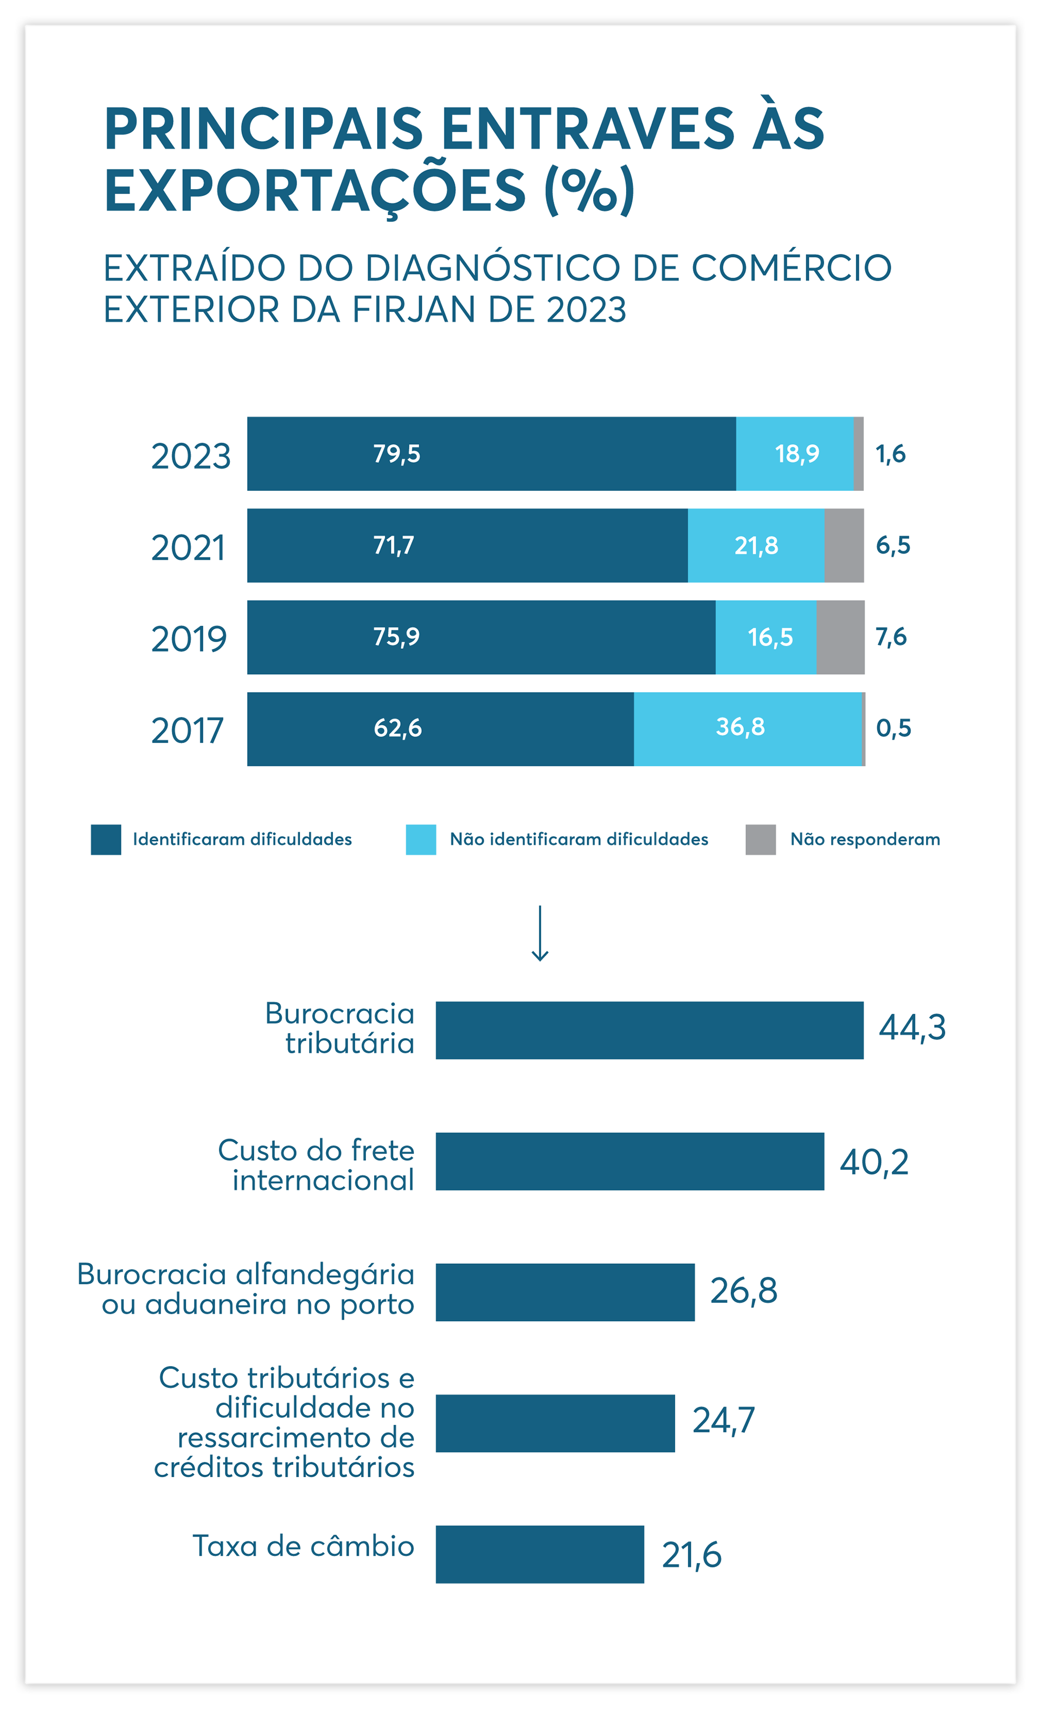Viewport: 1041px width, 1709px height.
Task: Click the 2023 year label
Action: [x=191, y=456]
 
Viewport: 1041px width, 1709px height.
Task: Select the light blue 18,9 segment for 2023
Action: [x=795, y=453]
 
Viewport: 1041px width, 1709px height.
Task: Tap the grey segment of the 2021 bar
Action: [x=844, y=545]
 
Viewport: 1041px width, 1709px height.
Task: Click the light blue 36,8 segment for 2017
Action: [x=747, y=728]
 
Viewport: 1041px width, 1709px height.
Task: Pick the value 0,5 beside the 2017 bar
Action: [x=894, y=727]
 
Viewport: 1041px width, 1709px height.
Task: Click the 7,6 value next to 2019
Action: [x=891, y=636]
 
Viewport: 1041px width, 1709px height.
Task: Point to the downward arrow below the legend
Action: [x=539, y=933]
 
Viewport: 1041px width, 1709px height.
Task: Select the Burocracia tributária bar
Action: [x=649, y=1030]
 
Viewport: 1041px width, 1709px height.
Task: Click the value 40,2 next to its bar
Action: [x=874, y=1162]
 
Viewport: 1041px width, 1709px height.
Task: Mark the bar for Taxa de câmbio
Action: [x=539, y=1554]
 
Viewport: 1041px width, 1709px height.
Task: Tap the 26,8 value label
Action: [x=743, y=1291]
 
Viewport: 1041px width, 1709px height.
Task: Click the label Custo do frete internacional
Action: [x=316, y=1165]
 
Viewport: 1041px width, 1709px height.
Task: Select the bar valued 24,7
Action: [x=555, y=1423]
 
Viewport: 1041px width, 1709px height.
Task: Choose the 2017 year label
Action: [x=187, y=731]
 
